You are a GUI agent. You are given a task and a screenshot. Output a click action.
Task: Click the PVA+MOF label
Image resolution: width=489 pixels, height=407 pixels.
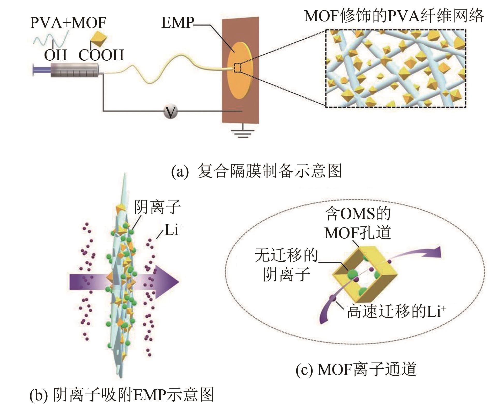pos(68,23)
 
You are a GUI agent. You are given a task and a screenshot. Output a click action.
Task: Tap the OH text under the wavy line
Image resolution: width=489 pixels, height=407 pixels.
pos(55,55)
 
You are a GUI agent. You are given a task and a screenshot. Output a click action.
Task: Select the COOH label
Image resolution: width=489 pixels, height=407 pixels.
pos(101,55)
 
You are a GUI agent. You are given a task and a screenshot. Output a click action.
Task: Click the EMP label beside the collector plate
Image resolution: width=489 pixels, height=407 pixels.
pos(177,23)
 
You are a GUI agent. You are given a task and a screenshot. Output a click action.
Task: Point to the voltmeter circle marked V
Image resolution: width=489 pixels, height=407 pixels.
pos(170,112)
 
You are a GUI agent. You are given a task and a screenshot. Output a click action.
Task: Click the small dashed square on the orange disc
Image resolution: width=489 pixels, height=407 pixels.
pos(238,68)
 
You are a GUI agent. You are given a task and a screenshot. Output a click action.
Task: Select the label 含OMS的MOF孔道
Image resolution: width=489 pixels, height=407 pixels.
pos(358,223)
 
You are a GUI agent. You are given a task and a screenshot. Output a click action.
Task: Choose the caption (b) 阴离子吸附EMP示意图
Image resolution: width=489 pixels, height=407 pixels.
pos(122,395)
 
